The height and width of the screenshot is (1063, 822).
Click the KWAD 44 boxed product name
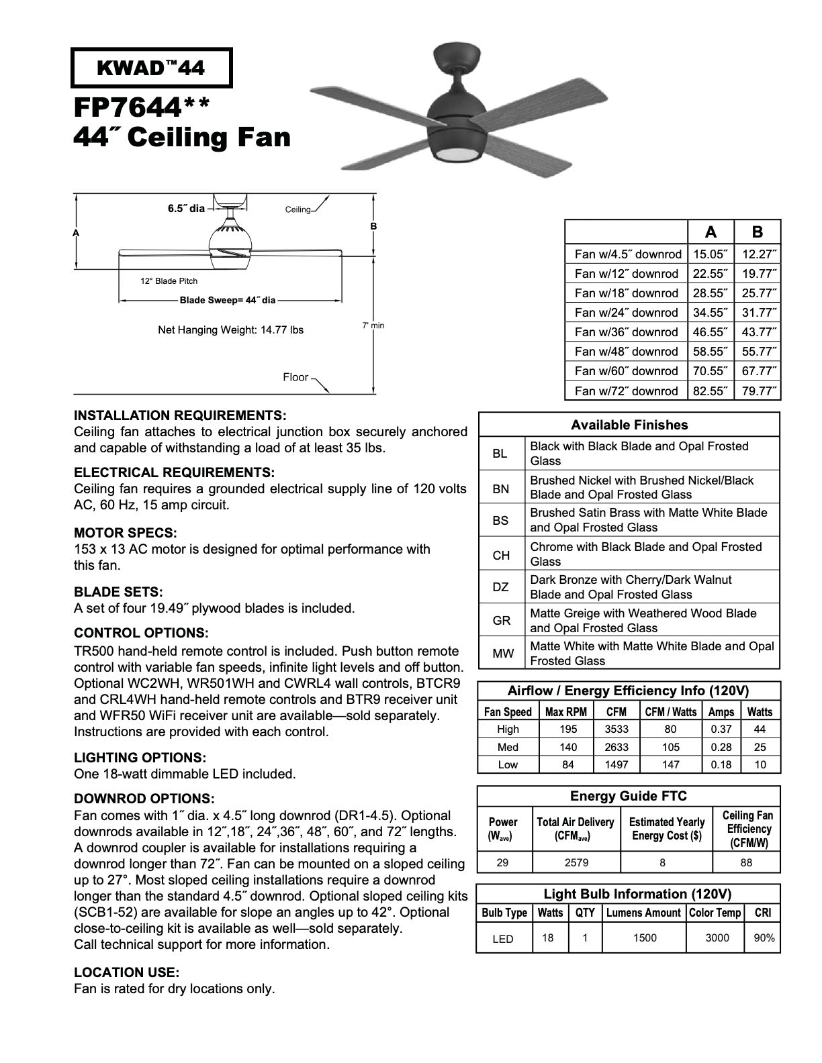pyautogui.click(x=152, y=68)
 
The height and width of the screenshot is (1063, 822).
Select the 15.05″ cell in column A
pyautogui.click(x=710, y=254)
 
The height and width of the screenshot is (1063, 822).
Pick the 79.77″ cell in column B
pyautogui.click(x=758, y=391)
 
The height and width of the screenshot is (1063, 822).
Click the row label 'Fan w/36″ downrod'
pyautogui.click(x=626, y=332)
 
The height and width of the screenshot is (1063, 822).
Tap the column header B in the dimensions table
pyautogui.click(x=758, y=232)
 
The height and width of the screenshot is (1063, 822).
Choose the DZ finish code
pyautogui.click(x=501, y=587)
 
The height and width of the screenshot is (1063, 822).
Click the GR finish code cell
pyautogui.click(x=501, y=621)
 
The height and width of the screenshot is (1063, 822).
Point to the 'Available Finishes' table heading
pyautogui.click(x=629, y=425)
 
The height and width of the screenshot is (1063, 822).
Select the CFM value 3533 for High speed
pyautogui.click(x=616, y=729)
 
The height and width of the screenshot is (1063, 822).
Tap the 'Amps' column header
pyautogui.click(x=721, y=712)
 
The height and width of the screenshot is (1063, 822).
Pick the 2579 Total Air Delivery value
pyautogui.click(x=576, y=863)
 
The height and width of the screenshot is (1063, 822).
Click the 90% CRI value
pyautogui.click(x=764, y=938)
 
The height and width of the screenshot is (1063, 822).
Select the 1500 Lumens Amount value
pyautogui.click(x=645, y=938)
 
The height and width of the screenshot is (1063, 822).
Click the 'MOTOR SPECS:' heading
pyautogui.click(x=126, y=534)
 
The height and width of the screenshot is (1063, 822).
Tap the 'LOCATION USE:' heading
pyautogui.click(x=127, y=972)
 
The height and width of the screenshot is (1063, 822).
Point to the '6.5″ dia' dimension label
pyautogui.click(x=186, y=209)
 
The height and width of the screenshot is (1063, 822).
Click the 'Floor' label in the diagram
pyautogui.click(x=295, y=377)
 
